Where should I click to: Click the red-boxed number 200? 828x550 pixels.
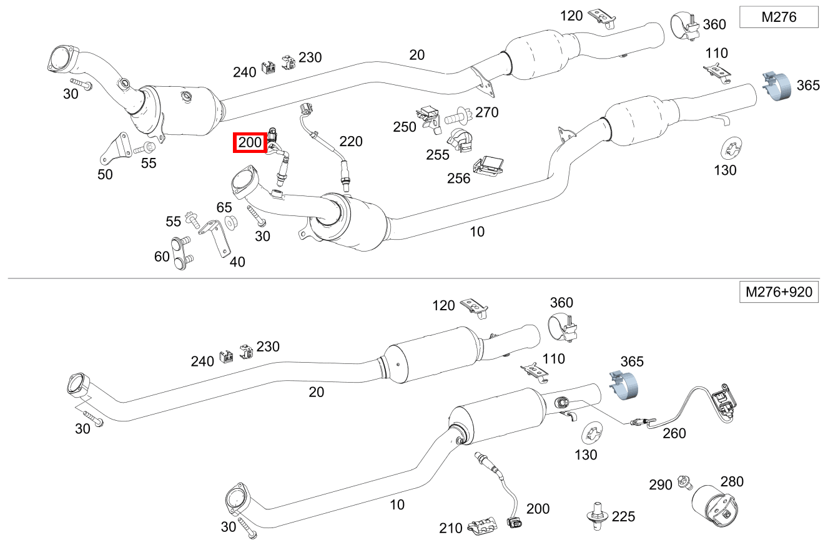coord(250,143)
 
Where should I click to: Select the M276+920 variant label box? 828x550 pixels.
coord(778,292)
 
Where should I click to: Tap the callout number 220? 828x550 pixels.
coord(350,142)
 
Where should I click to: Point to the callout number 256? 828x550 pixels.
coord(459,179)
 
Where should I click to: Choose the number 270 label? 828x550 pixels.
coord(487,112)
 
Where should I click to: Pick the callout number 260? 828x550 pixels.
coord(674,433)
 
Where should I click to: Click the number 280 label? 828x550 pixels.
coord(732,482)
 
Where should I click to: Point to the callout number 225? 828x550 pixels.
coord(623,516)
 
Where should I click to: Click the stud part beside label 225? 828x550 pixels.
coord(598,516)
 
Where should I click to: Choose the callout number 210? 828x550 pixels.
coord(450,529)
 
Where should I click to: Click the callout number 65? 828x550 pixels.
coord(224,207)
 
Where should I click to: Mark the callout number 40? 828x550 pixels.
coord(237,262)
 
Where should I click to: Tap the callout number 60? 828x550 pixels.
coord(162,256)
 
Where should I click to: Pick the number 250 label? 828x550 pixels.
coord(405,127)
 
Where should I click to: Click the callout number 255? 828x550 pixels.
coord(438,154)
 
